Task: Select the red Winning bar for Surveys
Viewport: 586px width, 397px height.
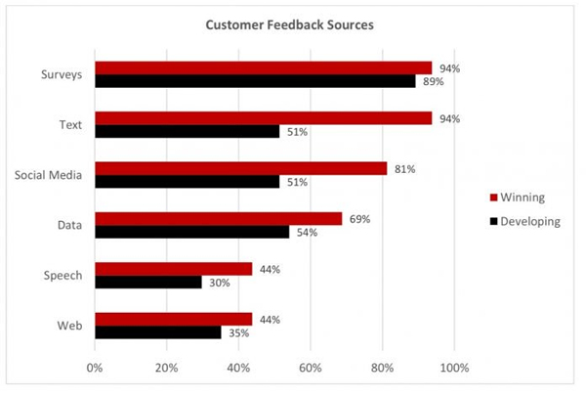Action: [x=263, y=67]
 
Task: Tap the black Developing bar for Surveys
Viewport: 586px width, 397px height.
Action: [x=255, y=81]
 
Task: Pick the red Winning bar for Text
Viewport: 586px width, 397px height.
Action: [x=263, y=118]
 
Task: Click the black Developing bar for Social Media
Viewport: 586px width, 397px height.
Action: [x=187, y=181]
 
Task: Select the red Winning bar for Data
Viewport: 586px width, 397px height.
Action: [x=218, y=219]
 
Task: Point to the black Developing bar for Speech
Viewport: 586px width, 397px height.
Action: [x=148, y=282]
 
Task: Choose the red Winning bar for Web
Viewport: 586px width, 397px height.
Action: [x=173, y=320]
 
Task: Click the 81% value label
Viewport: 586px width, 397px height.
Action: [x=404, y=169]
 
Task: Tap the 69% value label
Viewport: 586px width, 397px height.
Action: [x=359, y=219]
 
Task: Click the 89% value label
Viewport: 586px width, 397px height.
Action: [x=433, y=82]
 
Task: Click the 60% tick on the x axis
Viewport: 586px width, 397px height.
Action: [x=311, y=369]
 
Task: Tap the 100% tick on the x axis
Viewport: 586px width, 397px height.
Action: [x=454, y=369]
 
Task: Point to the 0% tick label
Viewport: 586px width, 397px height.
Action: [x=95, y=369]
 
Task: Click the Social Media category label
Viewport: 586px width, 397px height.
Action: [x=48, y=175]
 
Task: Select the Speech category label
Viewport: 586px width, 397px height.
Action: [x=63, y=276]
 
